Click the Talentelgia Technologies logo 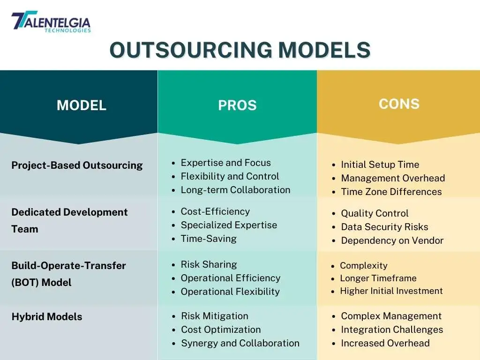pos(51,22)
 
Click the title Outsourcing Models pos(240,50)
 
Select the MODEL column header pos(82,105)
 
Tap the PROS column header pos(237,105)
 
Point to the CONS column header pos(399,104)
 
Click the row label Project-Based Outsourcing pos(77,165)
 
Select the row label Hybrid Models pos(47,316)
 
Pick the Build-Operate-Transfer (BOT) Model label pos(68,274)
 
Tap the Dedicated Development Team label pos(69,220)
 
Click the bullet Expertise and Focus pos(225,163)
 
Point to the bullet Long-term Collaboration pos(235,190)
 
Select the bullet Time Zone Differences pos(391,192)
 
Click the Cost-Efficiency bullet pos(215,211)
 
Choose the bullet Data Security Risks pos(384,227)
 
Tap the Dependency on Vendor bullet pos(392,240)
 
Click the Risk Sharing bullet pos(209,264)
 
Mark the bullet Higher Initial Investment pos(391,291)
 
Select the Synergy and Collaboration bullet pos(240,343)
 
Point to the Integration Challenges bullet pos(392,330)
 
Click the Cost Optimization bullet pos(221,330)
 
